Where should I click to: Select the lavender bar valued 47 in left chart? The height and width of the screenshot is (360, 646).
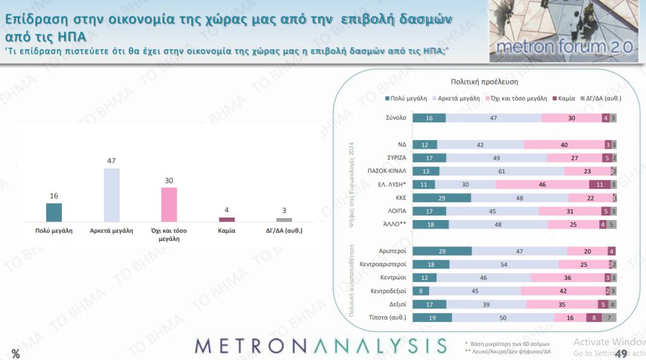coord(112,195)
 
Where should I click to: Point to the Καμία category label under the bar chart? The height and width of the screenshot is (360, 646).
coord(226,231)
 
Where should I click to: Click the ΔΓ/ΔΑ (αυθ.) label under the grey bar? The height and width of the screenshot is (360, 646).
coord(284,231)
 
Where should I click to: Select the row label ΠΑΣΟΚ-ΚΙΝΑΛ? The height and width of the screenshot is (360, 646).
coord(386,171)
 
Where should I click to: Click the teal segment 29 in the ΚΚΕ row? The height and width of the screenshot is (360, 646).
coord(442,197)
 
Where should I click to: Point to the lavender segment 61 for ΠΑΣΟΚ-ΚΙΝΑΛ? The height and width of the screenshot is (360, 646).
coord(502,171)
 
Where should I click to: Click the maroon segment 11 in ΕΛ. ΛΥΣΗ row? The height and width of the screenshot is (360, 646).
coord(599,184)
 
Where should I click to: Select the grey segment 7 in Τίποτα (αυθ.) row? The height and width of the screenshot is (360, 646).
coord(609,317)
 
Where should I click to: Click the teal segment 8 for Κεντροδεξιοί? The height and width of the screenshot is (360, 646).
coord(420,291)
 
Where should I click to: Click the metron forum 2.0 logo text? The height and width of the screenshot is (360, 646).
coord(564,47)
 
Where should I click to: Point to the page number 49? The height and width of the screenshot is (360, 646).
coord(620,353)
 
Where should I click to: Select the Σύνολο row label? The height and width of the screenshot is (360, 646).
coord(395,118)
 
